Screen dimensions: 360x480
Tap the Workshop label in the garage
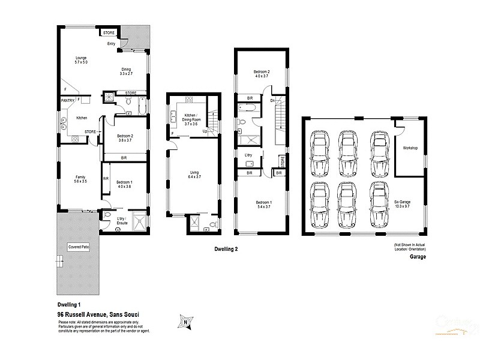point(410,147)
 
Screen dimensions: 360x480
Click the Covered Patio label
point(79,247)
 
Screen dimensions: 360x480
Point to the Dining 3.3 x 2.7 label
point(126,71)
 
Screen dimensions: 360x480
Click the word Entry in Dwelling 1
point(112,44)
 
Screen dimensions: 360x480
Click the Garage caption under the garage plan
point(418,256)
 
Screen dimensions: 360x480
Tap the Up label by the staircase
point(205,130)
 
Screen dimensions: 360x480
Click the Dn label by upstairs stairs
point(272,100)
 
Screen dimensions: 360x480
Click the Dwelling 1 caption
point(70,305)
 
